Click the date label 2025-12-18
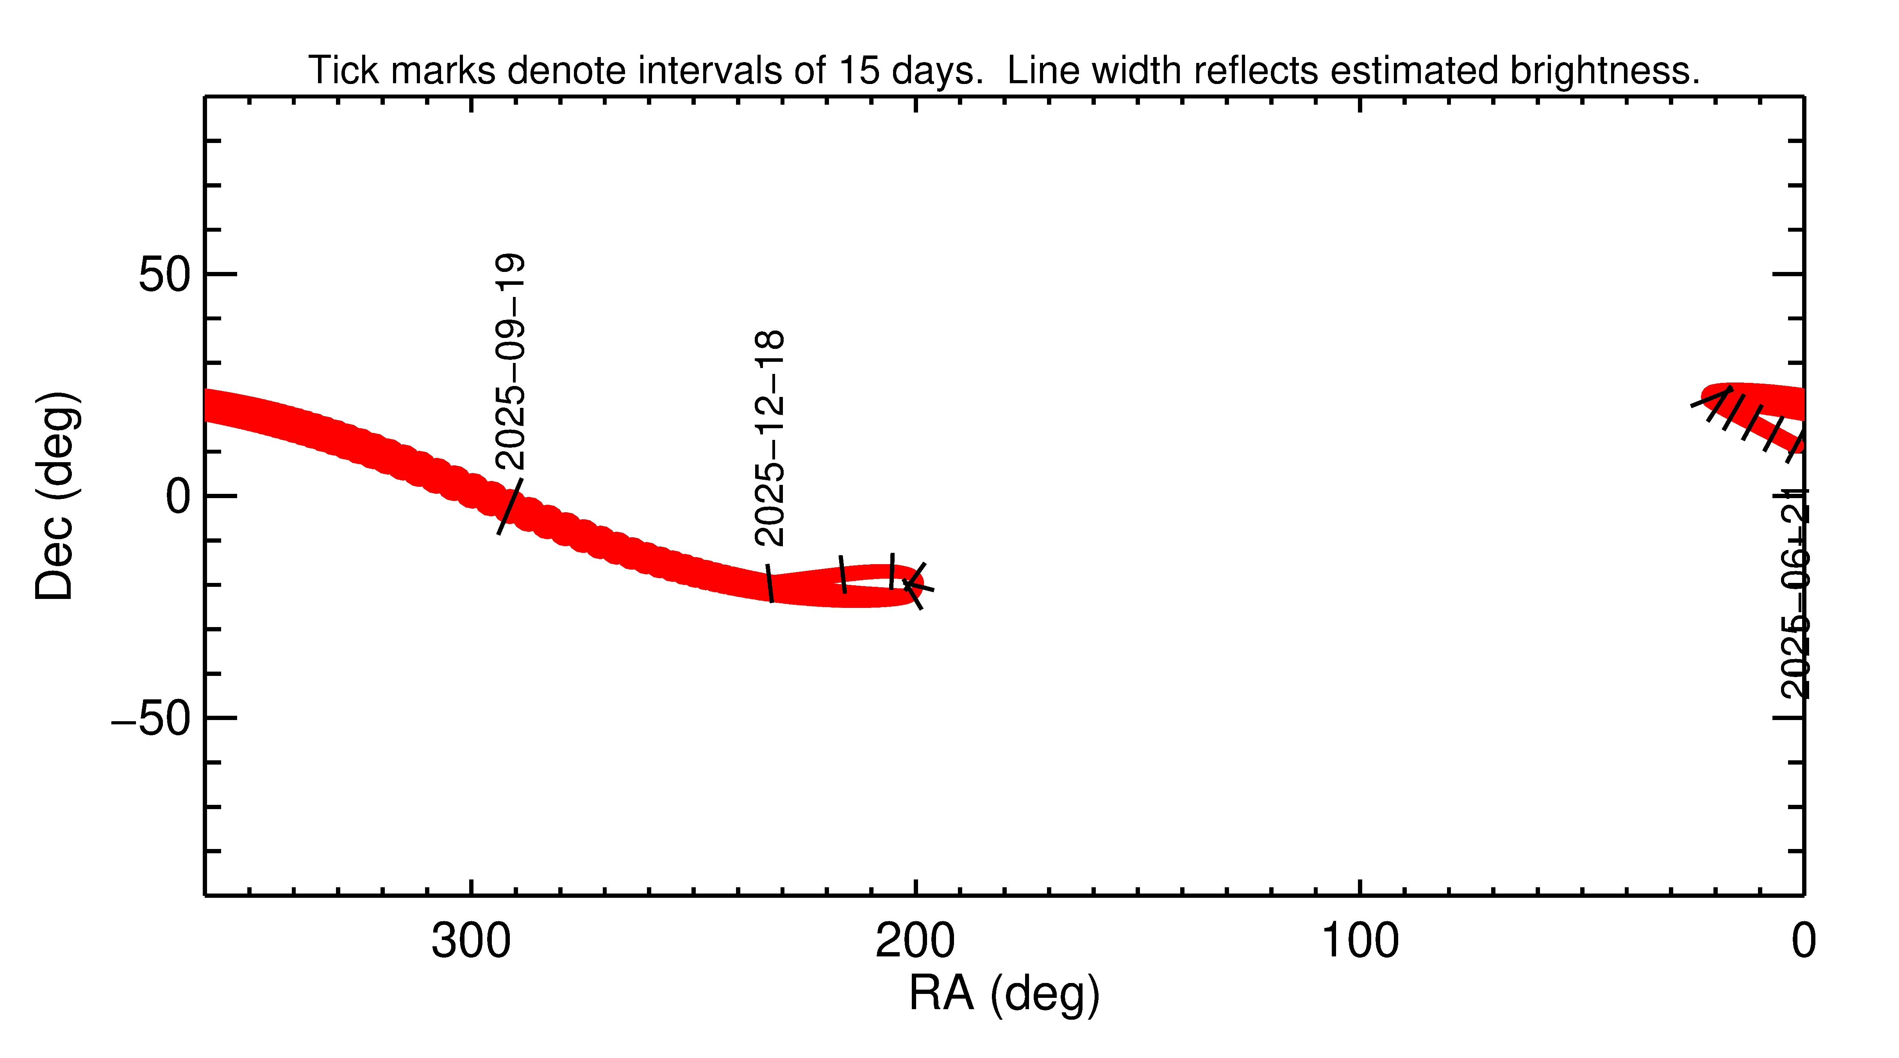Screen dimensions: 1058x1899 tap(770, 439)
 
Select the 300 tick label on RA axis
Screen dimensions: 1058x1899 tap(471, 942)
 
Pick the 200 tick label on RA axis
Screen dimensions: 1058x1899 tap(915, 942)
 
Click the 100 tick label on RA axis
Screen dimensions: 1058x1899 tap(1359, 942)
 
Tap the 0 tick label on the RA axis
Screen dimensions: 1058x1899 tap(1803, 942)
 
